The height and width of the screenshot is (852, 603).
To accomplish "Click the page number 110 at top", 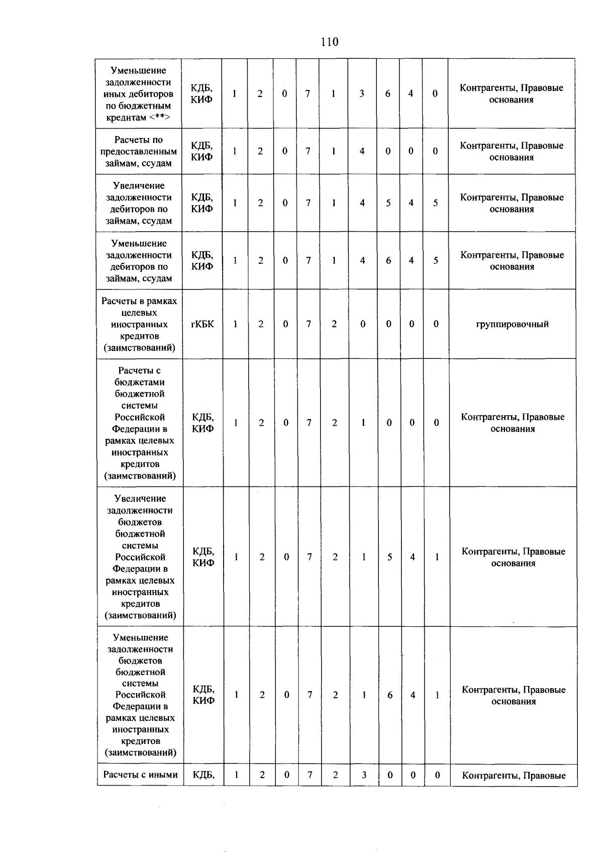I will coord(329,42).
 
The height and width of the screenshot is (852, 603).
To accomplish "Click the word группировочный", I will coord(512,324).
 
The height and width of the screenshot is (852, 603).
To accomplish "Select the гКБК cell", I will coord(202,324).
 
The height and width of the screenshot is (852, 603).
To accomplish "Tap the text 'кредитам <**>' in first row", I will coord(138,118).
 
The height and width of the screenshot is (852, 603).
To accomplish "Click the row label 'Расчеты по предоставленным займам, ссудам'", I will coord(139,151).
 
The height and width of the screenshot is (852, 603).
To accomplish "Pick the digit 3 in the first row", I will coord(362,93).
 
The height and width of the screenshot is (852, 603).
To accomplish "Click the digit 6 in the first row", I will coord(387,93).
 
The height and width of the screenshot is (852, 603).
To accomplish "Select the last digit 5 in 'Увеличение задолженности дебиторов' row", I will coord(436,203).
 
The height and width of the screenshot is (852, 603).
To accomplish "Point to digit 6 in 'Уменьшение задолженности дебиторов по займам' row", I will coord(388,260).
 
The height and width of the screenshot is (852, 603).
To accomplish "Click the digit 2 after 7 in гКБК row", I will coord(334,324).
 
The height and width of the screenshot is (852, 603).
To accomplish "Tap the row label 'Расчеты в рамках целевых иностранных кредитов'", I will coord(139,324).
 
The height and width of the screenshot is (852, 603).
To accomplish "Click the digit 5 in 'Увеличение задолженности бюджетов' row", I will coord(389,557).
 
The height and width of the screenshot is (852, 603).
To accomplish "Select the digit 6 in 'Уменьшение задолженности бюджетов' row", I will coord(390,695).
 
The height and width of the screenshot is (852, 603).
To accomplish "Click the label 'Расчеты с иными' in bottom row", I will coord(140,775).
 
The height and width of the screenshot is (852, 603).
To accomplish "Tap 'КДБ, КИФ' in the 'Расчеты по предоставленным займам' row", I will coord(202,151).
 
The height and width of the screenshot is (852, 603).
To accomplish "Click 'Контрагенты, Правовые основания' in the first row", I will coord(512,93).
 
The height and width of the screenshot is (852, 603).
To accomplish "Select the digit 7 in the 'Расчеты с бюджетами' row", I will coord(309,423).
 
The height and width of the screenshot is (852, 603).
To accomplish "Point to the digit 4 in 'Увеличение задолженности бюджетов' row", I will coord(413,557).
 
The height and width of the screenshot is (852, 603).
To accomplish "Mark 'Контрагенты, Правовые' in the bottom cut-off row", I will coord(514,776).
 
